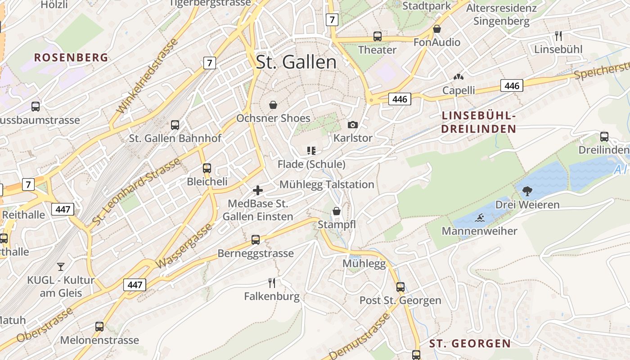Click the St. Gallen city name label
pyautogui.click(x=296, y=62)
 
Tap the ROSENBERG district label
pyautogui.click(x=71, y=58)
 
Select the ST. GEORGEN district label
pyautogui.click(x=470, y=344)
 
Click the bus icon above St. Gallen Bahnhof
pyautogui.click(x=175, y=125)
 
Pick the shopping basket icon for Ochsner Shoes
pyautogui.click(x=273, y=105)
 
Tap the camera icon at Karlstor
pyautogui.click(x=353, y=125)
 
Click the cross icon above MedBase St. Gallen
pyautogui.click(x=258, y=190)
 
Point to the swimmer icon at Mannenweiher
pyautogui.click(x=479, y=218)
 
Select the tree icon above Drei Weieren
pyautogui.click(x=527, y=192)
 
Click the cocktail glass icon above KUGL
pyautogui.click(x=61, y=266)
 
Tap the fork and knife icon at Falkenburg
pyautogui.click(x=271, y=283)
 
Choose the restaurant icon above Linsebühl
pyautogui.click(x=558, y=36)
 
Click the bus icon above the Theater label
pyautogui.click(x=377, y=36)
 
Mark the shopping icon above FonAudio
pyautogui.click(x=436, y=29)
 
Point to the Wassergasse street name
pyautogui.click(x=184, y=246)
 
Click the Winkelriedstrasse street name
pyautogui.click(x=147, y=76)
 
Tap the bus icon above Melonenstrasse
pyautogui.click(x=99, y=326)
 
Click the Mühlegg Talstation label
pyautogui.click(x=327, y=184)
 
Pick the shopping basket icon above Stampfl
pyautogui.click(x=337, y=211)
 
